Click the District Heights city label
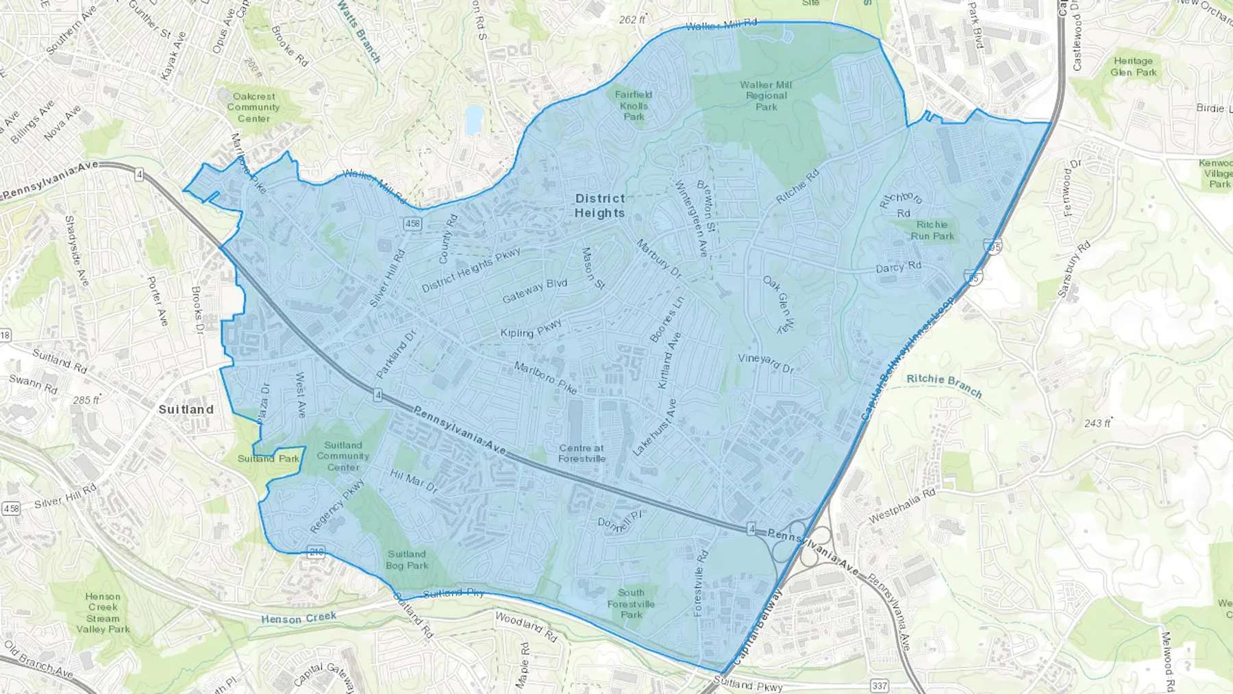tap(599, 206)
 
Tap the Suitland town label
tap(186, 409)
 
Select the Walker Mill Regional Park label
tap(766, 96)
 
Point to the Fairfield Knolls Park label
tap(634, 106)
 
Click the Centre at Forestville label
tap(582, 454)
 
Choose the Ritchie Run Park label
tap(932, 230)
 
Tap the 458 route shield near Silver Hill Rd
tap(412, 223)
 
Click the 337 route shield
tap(880, 685)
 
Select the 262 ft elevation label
tap(632, 20)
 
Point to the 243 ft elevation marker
tap(1097, 423)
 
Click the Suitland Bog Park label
tap(407, 560)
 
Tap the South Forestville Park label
tap(631, 604)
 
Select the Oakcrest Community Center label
tap(253, 108)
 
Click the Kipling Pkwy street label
tap(531, 329)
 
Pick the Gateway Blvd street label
tap(534, 292)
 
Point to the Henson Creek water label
tap(299, 618)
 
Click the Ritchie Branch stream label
tap(944, 385)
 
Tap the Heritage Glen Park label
tap(1133, 66)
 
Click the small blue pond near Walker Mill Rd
tap(473, 120)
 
